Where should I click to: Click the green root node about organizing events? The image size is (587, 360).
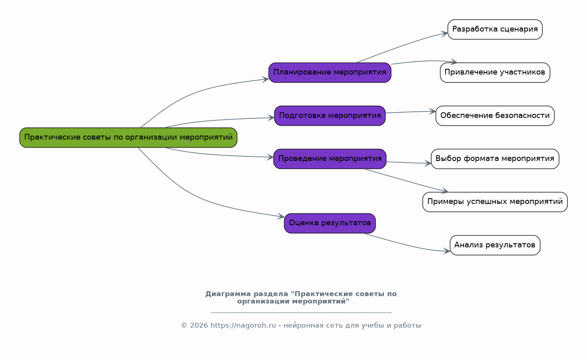point(128,138)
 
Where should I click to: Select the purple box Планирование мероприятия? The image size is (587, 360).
point(330,72)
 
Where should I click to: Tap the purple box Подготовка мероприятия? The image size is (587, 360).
point(330,116)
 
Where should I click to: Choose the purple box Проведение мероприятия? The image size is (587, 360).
point(330,159)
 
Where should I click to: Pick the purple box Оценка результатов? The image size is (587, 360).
point(330,223)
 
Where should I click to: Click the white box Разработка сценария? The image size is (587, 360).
point(495,29)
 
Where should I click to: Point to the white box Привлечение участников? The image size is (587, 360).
point(495,72)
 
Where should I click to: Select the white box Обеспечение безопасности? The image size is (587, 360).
point(495,116)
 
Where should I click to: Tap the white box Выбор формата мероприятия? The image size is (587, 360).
point(495,159)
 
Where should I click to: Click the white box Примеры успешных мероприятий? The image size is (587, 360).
point(495,202)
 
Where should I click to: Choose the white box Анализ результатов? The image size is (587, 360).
point(495,245)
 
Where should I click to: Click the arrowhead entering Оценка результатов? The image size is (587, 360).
point(281,216)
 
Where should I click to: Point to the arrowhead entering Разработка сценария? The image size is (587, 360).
point(444,34)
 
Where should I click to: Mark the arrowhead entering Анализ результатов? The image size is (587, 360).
point(447,251)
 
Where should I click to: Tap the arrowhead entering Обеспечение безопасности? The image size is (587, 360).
point(433,111)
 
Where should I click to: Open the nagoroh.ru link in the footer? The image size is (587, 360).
point(243,326)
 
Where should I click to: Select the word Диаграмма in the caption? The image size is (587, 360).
point(228,294)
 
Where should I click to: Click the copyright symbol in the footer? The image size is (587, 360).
point(184,326)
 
